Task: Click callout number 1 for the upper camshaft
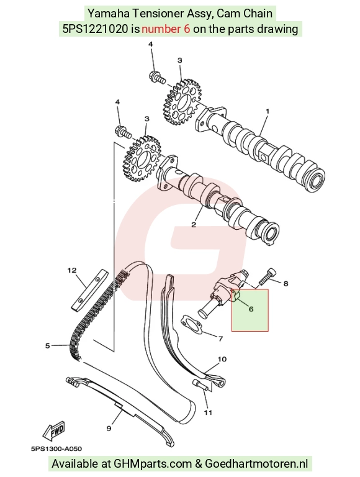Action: [268, 112]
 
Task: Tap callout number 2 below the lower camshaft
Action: [194, 225]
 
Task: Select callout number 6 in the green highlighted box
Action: [251, 309]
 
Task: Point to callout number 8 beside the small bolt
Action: [286, 283]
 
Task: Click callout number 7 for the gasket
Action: [221, 338]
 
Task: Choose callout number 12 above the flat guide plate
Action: [72, 270]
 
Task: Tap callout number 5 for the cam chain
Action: [47, 345]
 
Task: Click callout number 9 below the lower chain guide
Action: [109, 429]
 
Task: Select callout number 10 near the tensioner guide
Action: [222, 359]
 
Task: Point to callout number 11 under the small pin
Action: [208, 412]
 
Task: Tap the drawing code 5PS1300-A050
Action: [56, 448]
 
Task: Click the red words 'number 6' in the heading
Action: [166, 29]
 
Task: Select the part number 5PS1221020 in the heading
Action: [95, 29]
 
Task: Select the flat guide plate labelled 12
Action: [90, 290]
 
